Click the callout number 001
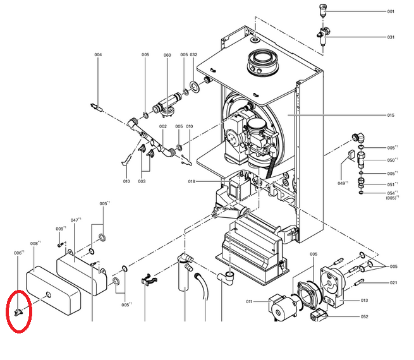(x=391, y=11)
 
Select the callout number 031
(x=391, y=37)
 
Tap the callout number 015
(x=391, y=115)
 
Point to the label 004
(x=98, y=54)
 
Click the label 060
(x=167, y=55)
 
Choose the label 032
(x=193, y=54)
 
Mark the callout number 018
(x=192, y=181)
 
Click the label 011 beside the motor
(x=249, y=301)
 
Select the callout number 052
(x=364, y=317)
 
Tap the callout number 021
(x=393, y=283)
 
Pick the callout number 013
(x=364, y=301)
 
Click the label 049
(x=341, y=183)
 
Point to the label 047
(x=75, y=220)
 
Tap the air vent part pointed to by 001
(x=322, y=9)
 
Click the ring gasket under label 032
(x=195, y=87)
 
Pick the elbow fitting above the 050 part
(x=360, y=138)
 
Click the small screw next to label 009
(x=61, y=245)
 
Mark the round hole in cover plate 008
(x=48, y=294)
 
